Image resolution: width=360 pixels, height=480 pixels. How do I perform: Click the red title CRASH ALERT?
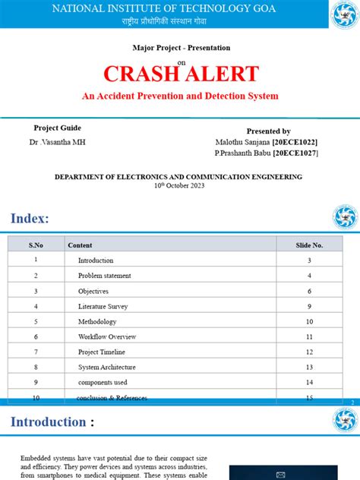[181, 74]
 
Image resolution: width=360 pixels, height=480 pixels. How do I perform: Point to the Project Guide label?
[58, 128]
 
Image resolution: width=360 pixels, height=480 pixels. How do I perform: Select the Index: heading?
[30, 219]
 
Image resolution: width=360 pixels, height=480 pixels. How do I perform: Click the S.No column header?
[36, 245]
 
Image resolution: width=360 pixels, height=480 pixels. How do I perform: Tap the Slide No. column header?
[309, 245]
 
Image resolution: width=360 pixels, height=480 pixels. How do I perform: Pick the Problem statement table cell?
[104, 276]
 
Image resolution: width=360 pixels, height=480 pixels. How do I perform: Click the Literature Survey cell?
[103, 306]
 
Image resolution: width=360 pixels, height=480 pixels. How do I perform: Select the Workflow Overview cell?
[107, 336]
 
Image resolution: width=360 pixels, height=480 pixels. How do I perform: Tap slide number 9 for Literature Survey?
[309, 306]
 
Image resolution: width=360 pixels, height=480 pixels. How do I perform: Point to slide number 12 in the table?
[309, 352]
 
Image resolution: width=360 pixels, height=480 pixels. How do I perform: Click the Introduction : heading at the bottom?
[52, 422]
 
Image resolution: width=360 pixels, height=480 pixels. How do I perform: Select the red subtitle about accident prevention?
[180, 96]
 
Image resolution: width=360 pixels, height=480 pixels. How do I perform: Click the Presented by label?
[269, 131]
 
